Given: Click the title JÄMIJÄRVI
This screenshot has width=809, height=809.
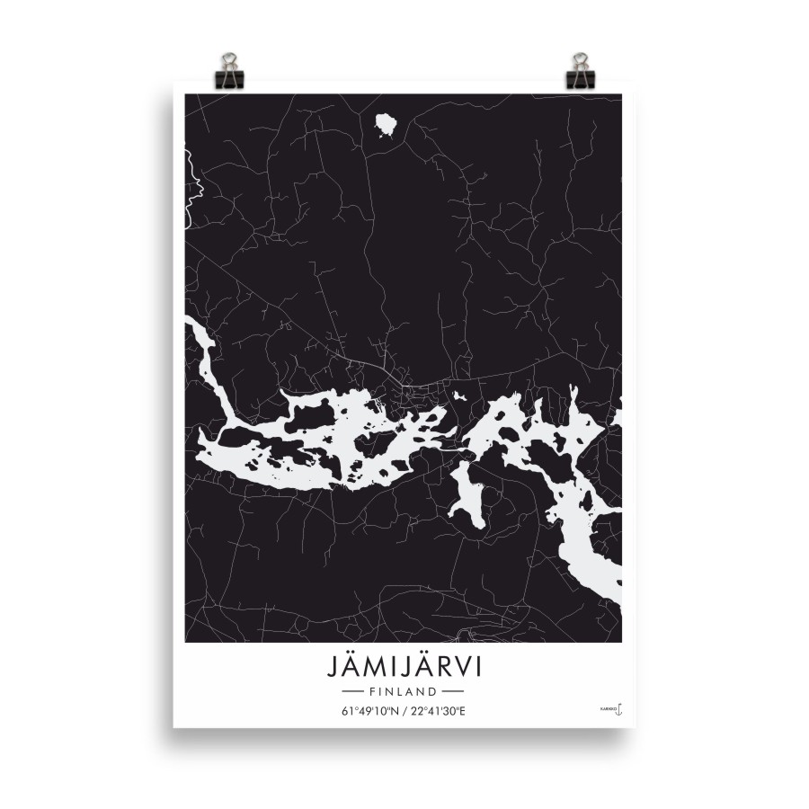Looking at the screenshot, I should (x=404, y=670).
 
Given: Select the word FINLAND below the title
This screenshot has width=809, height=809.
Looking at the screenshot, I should (x=404, y=693).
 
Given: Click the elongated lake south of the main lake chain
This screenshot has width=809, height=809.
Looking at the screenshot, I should (x=467, y=494).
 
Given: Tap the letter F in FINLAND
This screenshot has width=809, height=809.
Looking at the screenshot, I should (x=372, y=693).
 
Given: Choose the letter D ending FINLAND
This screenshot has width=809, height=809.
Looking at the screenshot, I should (x=433, y=693).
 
